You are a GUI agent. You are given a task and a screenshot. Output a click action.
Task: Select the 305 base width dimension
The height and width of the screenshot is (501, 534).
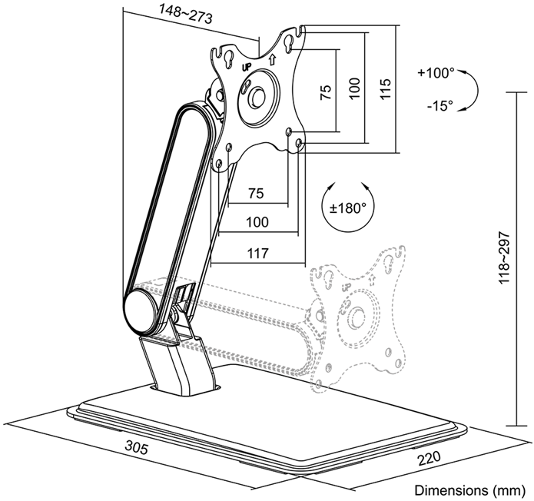click(136, 448)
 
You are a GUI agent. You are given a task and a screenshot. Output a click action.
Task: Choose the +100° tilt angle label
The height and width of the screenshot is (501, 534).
click(436, 74)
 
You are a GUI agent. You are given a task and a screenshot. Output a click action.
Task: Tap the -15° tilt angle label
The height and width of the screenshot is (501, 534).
click(439, 106)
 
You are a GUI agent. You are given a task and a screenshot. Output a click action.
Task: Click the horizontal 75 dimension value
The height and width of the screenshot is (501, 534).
click(257, 192)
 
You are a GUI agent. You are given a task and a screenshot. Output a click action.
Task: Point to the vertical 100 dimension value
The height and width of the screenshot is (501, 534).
click(354, 90)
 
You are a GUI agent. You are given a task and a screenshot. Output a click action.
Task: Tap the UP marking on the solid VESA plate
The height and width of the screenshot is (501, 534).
click(247, 68)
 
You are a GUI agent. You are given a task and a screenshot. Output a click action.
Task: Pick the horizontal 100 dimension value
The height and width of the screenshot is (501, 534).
click(257, 222)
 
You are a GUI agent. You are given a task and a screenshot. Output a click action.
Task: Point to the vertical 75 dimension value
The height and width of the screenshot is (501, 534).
click(326, 92)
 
